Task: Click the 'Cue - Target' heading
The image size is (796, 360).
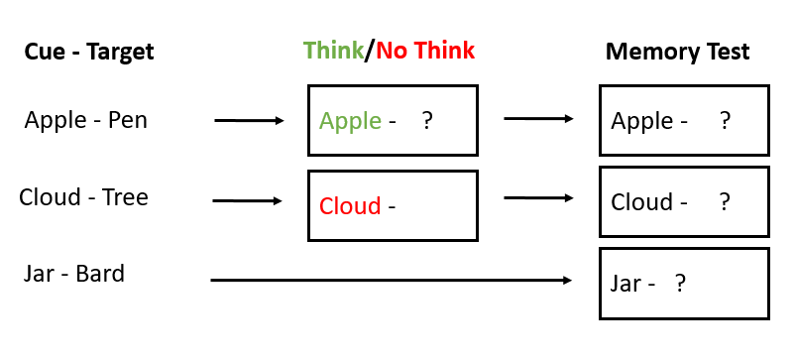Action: point(89,51)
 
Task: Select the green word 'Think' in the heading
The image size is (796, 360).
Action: point(333,50)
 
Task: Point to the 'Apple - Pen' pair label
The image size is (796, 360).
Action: point(86,121)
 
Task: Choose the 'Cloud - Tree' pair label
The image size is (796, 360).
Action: point(83,197)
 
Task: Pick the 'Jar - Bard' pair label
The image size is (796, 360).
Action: point(74,274)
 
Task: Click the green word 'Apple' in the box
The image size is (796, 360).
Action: point(350,121)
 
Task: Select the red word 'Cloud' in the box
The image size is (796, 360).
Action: point(350,206)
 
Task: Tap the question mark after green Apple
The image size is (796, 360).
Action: point(427,121)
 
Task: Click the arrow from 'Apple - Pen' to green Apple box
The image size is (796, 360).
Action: point(249,121)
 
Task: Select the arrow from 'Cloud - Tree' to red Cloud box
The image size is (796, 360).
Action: point(248,200)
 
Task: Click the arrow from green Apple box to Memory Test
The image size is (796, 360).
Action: point(538,118)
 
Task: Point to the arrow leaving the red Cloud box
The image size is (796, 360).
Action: point(538,198)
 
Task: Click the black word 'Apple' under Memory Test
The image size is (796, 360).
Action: point(642,121)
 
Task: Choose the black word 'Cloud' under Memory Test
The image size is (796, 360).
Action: point(642,202)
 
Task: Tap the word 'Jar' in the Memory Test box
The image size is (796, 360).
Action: point(626,283)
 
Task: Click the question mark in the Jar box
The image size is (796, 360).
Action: point(680,283)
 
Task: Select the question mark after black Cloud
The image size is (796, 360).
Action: point(725,202)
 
